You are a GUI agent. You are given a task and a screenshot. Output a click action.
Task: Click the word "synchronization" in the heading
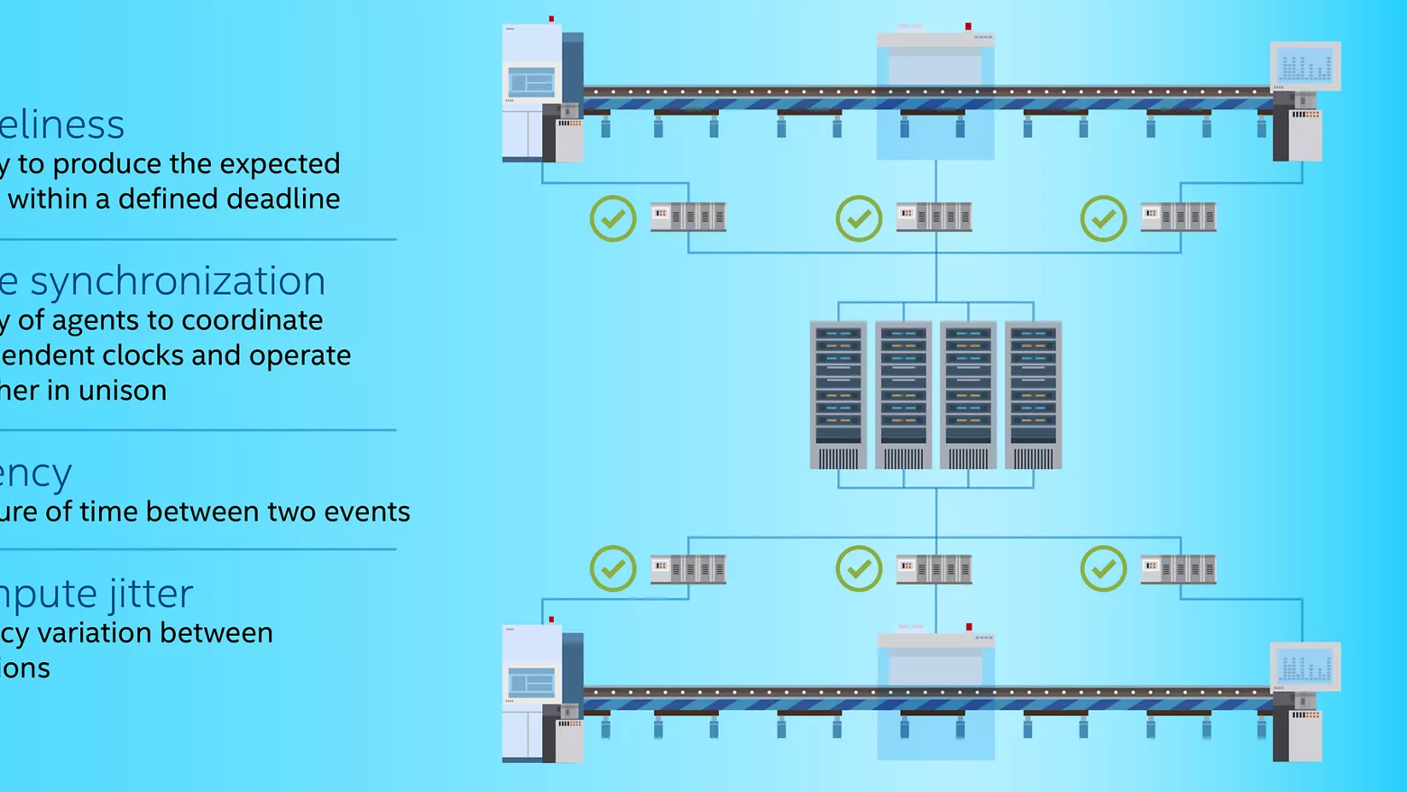point(178,282)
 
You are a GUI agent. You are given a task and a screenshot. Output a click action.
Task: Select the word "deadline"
point(285,199)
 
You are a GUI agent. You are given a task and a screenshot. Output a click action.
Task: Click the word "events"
point(367,512)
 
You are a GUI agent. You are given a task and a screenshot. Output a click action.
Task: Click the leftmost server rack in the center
point(838,395)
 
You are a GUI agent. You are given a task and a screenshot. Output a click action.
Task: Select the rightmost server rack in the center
point(1033,395)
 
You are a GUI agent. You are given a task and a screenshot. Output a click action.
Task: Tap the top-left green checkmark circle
point(613,219)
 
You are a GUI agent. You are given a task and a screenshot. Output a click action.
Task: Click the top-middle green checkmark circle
point(858,219)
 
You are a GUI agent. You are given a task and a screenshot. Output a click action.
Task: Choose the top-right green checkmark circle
point(1103,219)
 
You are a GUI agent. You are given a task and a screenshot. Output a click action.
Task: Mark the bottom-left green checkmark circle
point(613,568)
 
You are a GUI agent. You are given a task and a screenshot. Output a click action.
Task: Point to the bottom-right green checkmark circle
point(1103,568)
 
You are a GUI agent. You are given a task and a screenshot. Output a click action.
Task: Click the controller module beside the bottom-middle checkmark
point(934,569)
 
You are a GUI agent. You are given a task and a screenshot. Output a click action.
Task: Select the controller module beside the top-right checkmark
point(1178,217)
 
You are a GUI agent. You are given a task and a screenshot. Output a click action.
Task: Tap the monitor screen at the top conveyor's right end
point(1305,66)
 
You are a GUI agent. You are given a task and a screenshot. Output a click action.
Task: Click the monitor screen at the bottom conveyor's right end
point(1305,666)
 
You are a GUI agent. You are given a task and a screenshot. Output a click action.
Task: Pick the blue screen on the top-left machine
point(531,83)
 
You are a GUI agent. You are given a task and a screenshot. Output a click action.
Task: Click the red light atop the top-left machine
point(552,19)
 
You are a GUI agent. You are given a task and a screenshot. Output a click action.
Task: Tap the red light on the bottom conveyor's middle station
point(969,627)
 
